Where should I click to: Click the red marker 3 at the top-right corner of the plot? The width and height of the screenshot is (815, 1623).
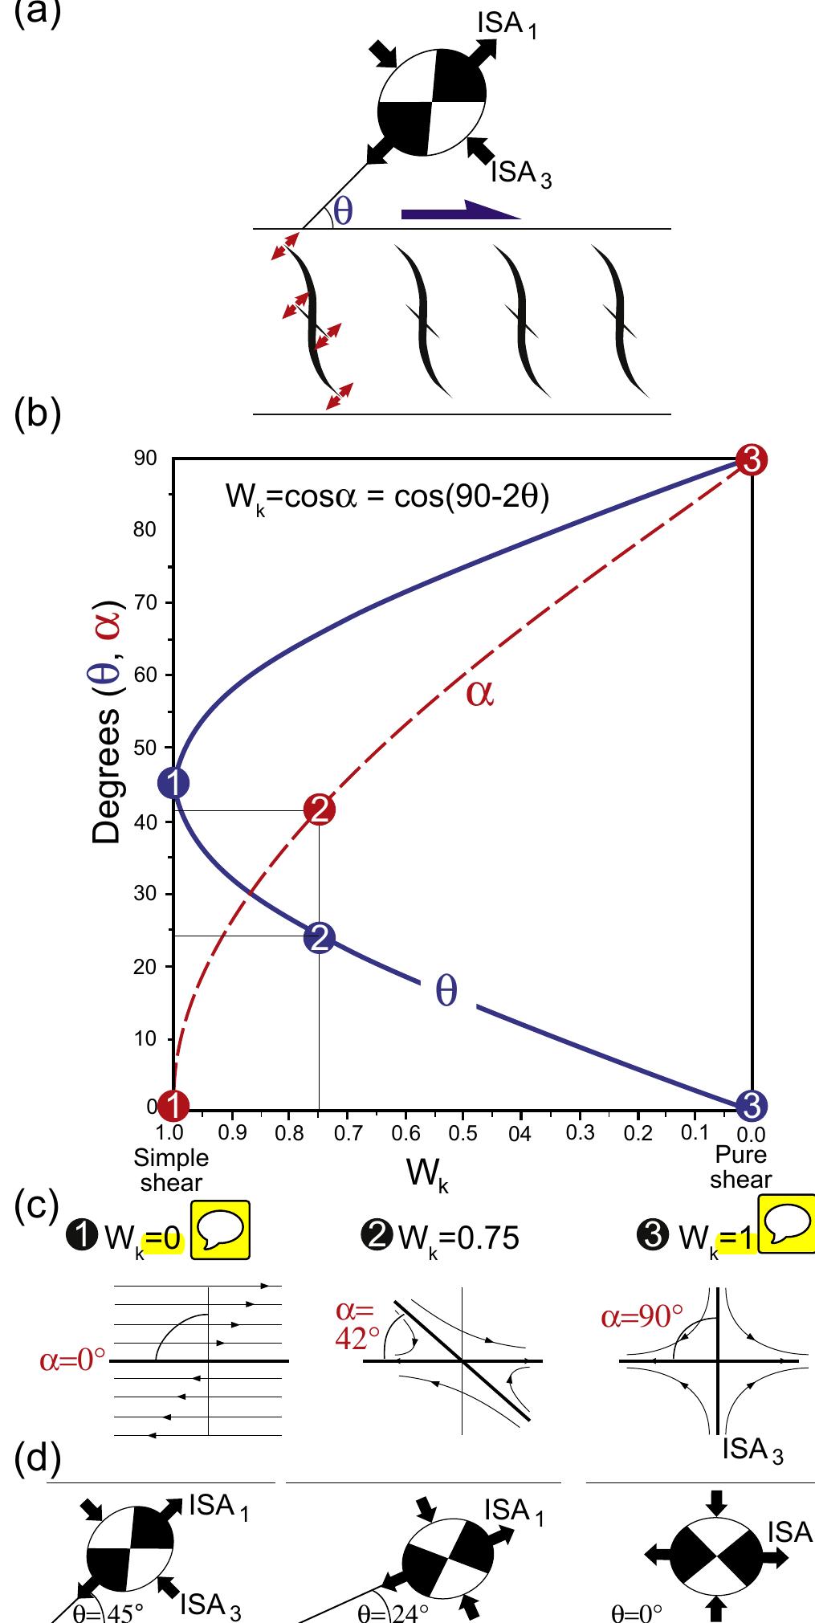[752, 460]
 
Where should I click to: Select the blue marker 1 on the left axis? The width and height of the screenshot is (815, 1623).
[173, 782]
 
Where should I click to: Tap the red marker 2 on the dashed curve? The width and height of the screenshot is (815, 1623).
[319, 811]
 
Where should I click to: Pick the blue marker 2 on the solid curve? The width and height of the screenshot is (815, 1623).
[319, 937]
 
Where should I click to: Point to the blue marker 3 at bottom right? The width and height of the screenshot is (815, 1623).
[752, 1106]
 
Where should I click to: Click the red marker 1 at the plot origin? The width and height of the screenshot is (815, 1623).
[172, 1106]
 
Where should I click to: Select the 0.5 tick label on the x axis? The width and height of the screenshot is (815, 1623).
[463, 1134]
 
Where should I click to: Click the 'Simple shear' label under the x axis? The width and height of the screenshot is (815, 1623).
[170, 1168]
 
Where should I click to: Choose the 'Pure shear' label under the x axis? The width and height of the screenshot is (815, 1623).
[740, 1167]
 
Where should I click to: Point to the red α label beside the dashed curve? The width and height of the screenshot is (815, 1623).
[480, 694]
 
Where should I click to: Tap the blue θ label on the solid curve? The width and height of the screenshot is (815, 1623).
[446, 992]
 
